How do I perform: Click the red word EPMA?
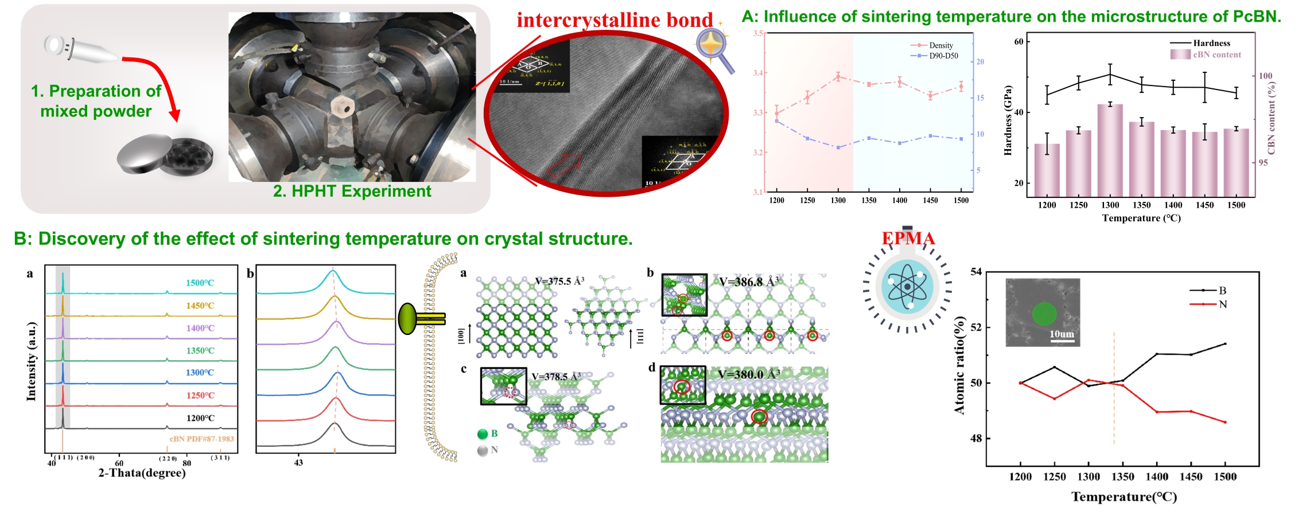coord(908,239)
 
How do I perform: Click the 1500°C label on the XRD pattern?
coord(200,283)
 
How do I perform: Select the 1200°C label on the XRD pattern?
coord(200,418)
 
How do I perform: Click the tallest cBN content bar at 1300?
coord(1110,149)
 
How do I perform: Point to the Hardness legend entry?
coord(1211,43)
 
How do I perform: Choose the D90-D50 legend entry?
coord(943,56)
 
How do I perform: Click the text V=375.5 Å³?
coord(559,281)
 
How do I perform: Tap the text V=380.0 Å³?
coord(748,375)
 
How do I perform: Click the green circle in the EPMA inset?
coord(1044,314)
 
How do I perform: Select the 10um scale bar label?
coord(1062,334)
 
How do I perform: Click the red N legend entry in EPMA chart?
coord(1222,304)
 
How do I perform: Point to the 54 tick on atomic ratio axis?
coord(976,272)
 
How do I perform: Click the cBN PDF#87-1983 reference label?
coord(201,439)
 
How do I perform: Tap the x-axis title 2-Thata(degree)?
coord(142,473)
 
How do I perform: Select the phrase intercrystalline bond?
coord(614,20)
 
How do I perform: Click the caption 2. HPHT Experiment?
coord(352,191)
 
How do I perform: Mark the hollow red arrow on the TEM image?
coord(563,164)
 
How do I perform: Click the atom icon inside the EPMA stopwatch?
coord(907,286)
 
